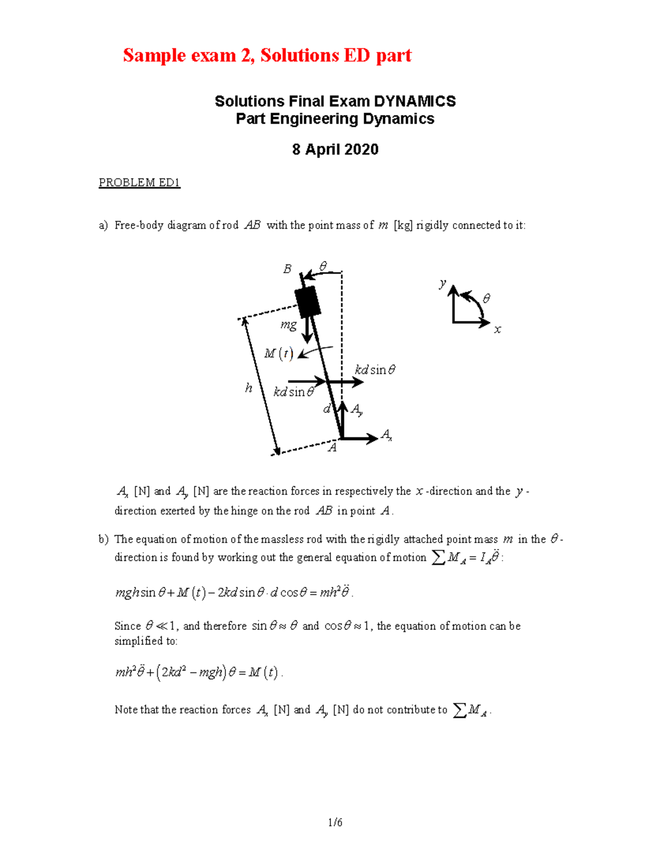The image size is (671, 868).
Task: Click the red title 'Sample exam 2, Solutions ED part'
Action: (x=267, y=55)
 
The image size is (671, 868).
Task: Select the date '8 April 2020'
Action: (x=335, y=149)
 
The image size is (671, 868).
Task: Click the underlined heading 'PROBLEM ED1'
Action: (x=139, y=183)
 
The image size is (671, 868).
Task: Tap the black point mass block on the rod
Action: (x=308, y=302)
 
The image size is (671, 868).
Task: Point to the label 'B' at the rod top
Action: (x=287, y=269)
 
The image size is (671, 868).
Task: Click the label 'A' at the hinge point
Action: (x=332, y=448)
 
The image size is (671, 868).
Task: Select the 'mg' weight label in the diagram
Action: (x=289, y=325)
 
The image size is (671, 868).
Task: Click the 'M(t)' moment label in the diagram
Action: (x=278, y=354)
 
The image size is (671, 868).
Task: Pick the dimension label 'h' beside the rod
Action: (x=249, y=388)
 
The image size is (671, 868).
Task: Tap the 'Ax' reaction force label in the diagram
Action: (x=386, y=435)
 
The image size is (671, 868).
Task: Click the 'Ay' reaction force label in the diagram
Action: (x=356, y=410)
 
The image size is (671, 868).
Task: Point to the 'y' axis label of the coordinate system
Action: (x=442, y=283)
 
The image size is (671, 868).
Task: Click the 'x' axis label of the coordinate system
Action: (x=497, y=330)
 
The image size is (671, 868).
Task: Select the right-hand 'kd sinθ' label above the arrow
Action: (x=375, y=370)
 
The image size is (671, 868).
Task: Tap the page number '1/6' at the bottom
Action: (x=335, y=822)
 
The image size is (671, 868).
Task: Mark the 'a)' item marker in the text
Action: (x=103, y=225)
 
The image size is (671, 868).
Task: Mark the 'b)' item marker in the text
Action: (x=103, y=539)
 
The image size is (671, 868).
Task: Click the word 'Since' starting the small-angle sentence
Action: (x=127, y=626)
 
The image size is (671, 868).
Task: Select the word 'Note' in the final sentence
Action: (x=126, y=710)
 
